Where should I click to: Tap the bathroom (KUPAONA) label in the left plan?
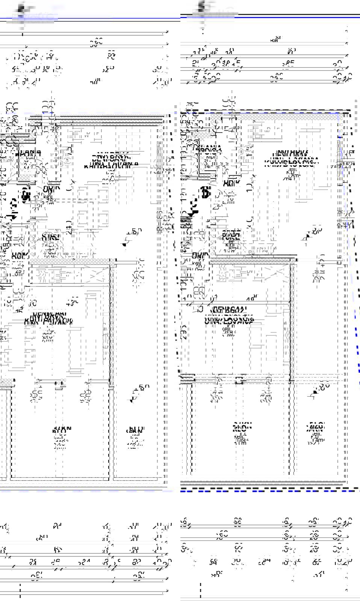[28, 154]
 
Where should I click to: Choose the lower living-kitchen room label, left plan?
[49, 318]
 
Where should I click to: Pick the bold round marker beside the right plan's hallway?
[205, 192]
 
